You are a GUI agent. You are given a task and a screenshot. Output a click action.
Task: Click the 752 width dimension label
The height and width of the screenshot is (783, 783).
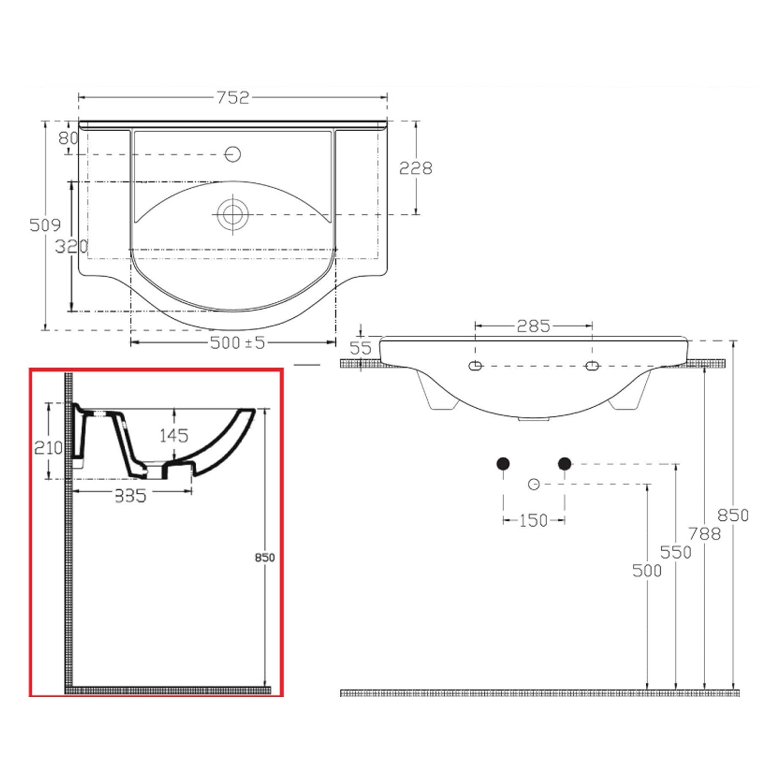point(233,98)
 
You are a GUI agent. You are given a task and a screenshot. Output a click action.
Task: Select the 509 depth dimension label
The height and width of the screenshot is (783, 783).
point(45,225)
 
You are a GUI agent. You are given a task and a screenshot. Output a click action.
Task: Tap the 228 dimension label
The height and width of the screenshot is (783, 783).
point(416,168)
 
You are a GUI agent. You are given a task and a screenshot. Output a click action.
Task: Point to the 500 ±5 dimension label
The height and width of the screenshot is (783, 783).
point(238,343)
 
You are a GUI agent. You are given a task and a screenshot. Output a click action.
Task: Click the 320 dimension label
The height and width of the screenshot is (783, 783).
point(72,246)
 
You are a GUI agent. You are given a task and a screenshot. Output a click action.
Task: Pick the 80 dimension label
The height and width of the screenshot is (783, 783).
point(68,138)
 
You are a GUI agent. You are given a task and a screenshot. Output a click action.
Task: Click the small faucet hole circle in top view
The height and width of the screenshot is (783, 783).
point(232,154)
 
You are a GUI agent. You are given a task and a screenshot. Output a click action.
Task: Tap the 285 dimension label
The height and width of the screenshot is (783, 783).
point(533,326)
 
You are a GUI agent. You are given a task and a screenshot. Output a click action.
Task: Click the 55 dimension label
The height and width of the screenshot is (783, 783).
point(360,348)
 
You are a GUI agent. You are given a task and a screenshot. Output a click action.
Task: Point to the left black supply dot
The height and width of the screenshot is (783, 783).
point(503,463)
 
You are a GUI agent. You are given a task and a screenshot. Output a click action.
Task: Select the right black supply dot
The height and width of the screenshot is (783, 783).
point(565,463)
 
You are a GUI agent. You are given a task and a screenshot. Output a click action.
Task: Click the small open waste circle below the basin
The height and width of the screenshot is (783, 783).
point(533,484)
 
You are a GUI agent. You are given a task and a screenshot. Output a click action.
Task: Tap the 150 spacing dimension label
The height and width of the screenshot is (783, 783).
point(533,520)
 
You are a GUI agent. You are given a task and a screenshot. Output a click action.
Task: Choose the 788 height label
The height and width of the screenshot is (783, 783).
point(704,534)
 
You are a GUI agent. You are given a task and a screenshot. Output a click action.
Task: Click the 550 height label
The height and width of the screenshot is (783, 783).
point(675,552)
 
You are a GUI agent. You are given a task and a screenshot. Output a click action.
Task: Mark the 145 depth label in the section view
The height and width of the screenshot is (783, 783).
point(174,435)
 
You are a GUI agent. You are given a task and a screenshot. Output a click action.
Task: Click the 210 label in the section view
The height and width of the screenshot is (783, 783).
point(48,447)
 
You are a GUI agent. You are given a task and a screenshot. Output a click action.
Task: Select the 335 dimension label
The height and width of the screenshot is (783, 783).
point(130,496)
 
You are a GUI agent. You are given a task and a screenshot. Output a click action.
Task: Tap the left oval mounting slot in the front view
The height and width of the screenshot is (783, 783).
point(475,366)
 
